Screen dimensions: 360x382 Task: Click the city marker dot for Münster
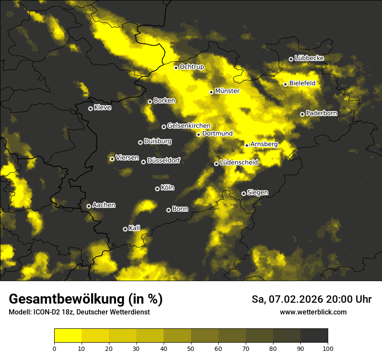211,92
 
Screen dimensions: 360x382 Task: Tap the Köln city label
168,188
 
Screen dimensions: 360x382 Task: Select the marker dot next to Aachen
89,206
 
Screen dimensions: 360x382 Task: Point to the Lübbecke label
309,58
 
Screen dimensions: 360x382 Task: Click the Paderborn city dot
302,114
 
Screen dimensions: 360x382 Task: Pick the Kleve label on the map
102,108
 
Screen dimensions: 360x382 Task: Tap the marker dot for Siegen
244,193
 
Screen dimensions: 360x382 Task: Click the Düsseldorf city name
163,161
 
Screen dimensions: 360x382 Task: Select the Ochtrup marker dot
176,68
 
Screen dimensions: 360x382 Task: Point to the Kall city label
135,228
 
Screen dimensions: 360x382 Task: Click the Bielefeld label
302,83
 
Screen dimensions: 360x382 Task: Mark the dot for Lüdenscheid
216,164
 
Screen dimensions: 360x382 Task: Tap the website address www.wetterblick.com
313,312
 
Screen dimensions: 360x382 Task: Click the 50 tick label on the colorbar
191,348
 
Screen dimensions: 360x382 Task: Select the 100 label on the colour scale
328,348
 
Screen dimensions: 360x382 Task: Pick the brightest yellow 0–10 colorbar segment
68,336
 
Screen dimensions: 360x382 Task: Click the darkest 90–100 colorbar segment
314,336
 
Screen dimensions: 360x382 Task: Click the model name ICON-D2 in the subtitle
44,312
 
